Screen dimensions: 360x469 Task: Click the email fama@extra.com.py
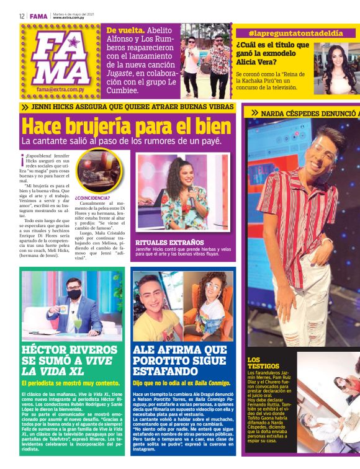pyautogui.click(x=61, y=89)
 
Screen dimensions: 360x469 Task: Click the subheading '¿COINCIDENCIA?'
pyautogui.click(x=92, y=198)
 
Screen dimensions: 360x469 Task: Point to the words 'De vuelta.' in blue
pyautogui.click(x=126, y=30)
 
